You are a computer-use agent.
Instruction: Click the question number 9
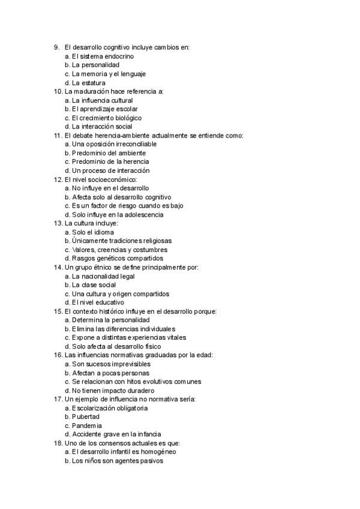tap(56, 47)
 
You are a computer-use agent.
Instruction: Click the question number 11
tap(58, 136)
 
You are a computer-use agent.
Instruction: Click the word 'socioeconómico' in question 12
tap(113, 179)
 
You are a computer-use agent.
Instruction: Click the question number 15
tap(58, 312)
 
